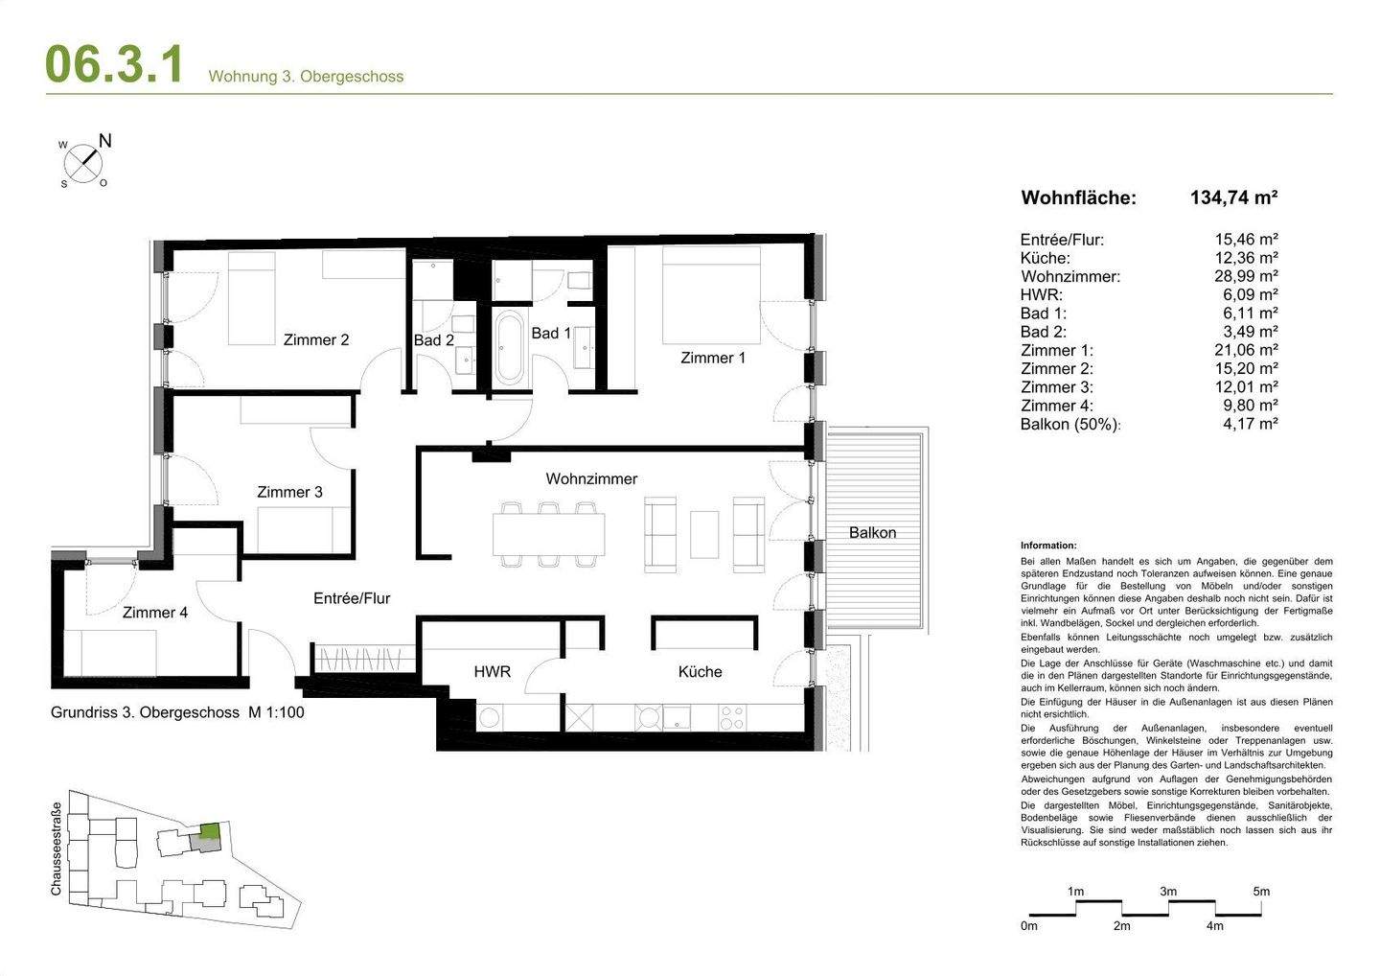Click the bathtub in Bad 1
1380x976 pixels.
510,348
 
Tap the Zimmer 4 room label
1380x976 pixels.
155,613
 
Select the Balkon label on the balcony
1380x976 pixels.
872,532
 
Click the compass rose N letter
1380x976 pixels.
105,142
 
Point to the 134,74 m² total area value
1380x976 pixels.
1233,198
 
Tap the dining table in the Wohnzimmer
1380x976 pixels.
549,535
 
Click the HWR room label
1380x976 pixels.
492,672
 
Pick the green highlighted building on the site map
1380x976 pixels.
209,832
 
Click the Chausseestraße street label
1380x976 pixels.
57,848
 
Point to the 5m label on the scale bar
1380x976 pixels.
1261,892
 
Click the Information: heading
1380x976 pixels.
1048,546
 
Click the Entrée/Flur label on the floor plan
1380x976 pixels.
352,598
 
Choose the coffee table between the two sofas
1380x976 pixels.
704,535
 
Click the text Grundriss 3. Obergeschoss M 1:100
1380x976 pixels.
177,713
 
